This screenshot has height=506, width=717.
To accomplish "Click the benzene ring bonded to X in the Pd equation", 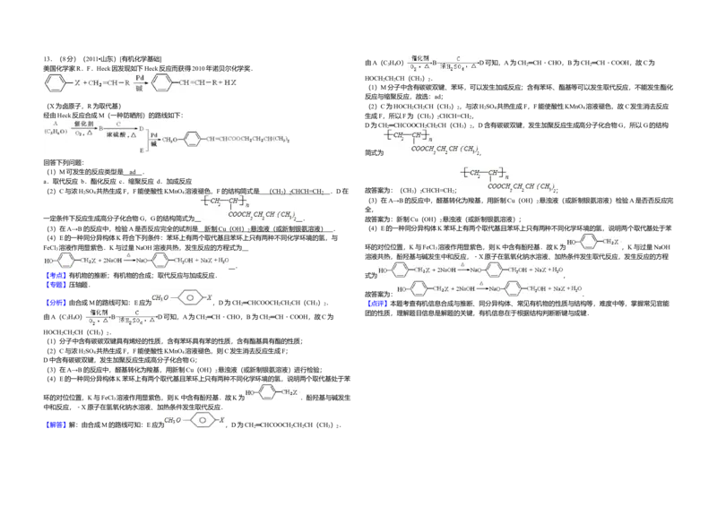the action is [56, 83].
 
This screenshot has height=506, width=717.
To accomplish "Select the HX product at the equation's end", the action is [231, 83].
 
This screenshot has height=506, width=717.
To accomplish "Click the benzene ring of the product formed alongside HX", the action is [162, 83].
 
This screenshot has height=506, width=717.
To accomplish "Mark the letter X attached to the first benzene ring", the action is [77, 83].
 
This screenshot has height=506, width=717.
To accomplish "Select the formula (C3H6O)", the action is [56, 133].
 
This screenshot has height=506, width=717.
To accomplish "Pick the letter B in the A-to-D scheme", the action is [101, 128].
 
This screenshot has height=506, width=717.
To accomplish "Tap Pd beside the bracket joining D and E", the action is [154, 134].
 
